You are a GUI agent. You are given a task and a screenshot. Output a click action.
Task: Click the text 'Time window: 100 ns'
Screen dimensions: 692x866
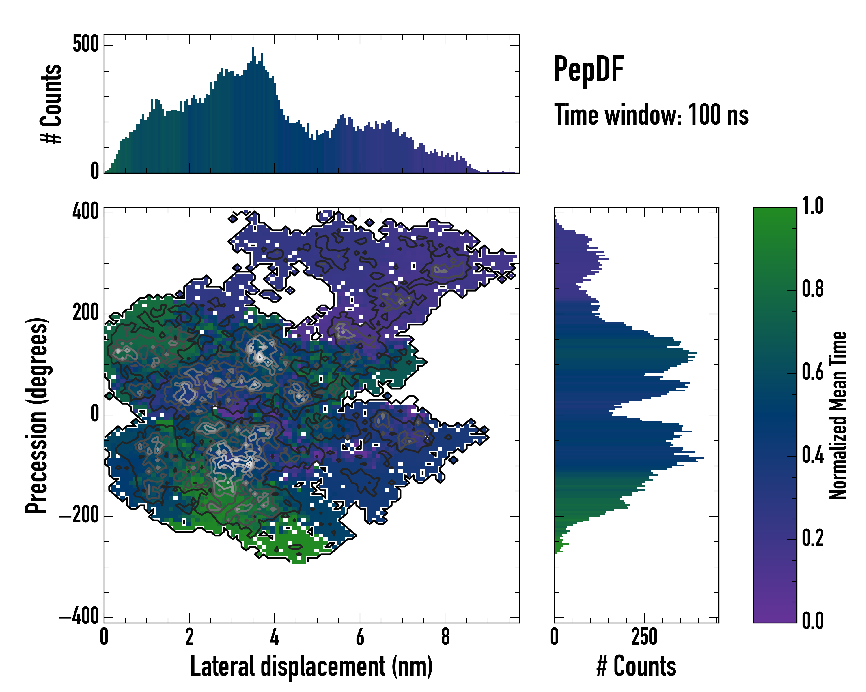tap(651, 115)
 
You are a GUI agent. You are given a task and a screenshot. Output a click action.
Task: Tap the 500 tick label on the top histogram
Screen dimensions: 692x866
tap(85, 44)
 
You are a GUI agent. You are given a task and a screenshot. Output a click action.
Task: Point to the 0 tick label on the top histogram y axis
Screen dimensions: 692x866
tap(95, 171)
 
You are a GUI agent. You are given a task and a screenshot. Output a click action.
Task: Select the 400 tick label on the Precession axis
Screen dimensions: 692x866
tap(85, 211)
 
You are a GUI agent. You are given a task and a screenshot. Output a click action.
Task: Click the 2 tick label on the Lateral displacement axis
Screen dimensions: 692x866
tap(189, 637)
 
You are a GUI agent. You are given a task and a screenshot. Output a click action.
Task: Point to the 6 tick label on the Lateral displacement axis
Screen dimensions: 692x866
tap(360, 637)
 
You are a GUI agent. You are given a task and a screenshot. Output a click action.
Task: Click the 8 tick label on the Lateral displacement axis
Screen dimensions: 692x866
tap(445, 637)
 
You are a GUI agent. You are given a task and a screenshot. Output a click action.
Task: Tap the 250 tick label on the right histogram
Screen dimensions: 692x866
tap(644, 637)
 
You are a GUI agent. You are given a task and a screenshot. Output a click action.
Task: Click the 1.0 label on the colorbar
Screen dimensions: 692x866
tap(813, 206)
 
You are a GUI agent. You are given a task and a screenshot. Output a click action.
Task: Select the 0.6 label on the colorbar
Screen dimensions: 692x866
tap(813, 372)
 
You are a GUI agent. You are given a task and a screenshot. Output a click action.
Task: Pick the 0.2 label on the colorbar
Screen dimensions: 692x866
tap(813, 538)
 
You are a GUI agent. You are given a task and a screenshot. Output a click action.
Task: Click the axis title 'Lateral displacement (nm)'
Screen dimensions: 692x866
tap(311, 666)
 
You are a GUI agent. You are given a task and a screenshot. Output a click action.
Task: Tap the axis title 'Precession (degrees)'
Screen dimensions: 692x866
tap(37, 415)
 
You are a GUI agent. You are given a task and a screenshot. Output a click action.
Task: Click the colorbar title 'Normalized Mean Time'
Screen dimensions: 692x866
tap(838, 415)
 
